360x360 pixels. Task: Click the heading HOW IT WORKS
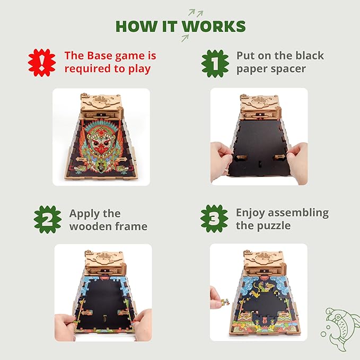click(x=180, y=26)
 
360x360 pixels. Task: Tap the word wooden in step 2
click(x=89, y=227)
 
